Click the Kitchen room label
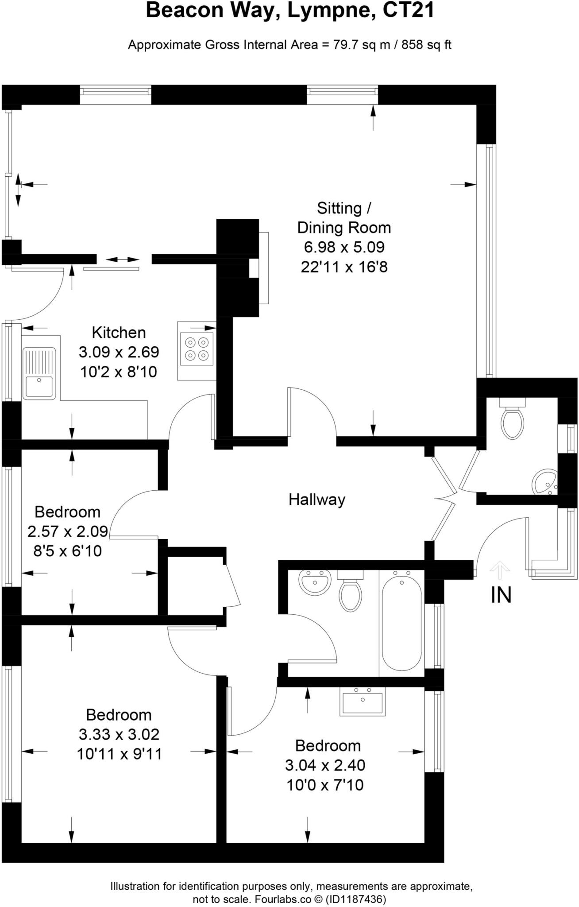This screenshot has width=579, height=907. click(x=119, y=332)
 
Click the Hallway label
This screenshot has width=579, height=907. click(x=317, y=500)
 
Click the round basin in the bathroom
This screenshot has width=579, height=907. click(x=315, y=582)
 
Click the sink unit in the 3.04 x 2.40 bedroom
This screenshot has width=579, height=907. click(x=363, y=702)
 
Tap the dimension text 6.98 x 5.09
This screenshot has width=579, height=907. click(x=344, y=247)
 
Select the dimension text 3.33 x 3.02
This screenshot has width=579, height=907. click(x=119, y=734)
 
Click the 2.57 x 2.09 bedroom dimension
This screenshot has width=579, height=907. click(x=67, y=531)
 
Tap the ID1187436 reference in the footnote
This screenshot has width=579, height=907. click(x=356, y=899)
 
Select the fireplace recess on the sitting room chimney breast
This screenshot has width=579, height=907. click(x=254, y=267)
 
